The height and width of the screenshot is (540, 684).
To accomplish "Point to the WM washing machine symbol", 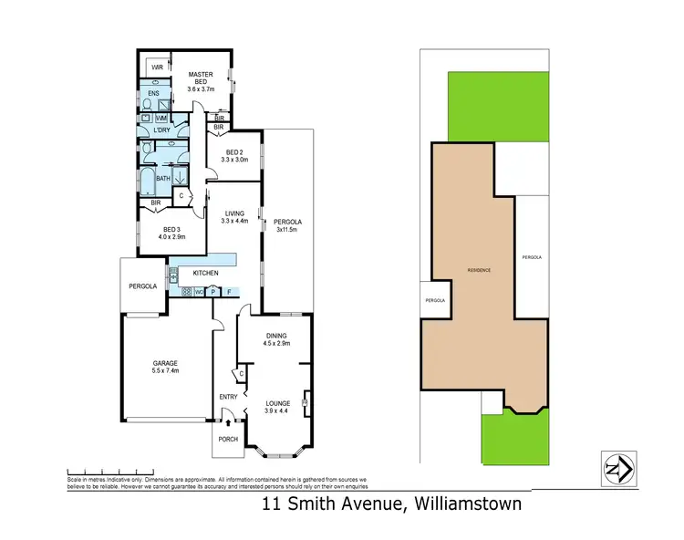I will pyautogui.click(x=161, y=118).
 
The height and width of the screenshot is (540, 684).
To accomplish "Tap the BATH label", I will pyautogui.click(x=163, y=178).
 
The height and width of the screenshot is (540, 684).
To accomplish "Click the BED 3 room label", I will pyautogui.click(x=171, y=229).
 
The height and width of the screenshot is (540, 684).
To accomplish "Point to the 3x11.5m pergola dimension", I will pyautogui.click(x=287, y=231).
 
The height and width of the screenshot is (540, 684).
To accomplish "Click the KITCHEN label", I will pyautogui.click(x=206, y=274).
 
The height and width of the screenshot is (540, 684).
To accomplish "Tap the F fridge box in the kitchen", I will pyautogui.click(x=229, y=292).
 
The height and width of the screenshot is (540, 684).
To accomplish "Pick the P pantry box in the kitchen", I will pyautogui.click(x=212, y=292).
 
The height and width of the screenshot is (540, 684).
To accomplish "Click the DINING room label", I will pyautogui.click(x=276, y=336).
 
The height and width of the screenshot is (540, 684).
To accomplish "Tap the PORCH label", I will pyautogui.click(x=227, y=440).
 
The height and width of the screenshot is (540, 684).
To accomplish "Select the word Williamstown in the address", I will pyautogui.click(x=467, y=503).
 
